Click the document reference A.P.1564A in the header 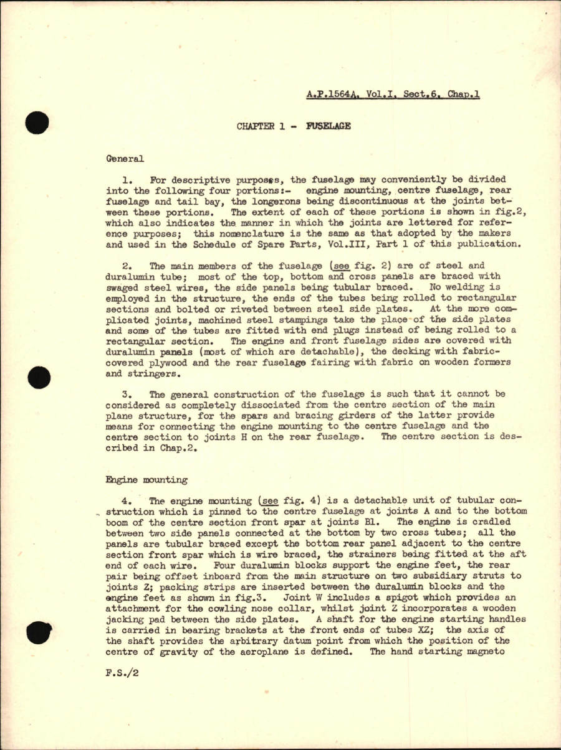[x=332, y=96]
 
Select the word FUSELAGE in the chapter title [x=328, y=126]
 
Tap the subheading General [x=125, y=159]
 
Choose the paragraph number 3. [x=125, y=394]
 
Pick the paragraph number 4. [x=125, y=502]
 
